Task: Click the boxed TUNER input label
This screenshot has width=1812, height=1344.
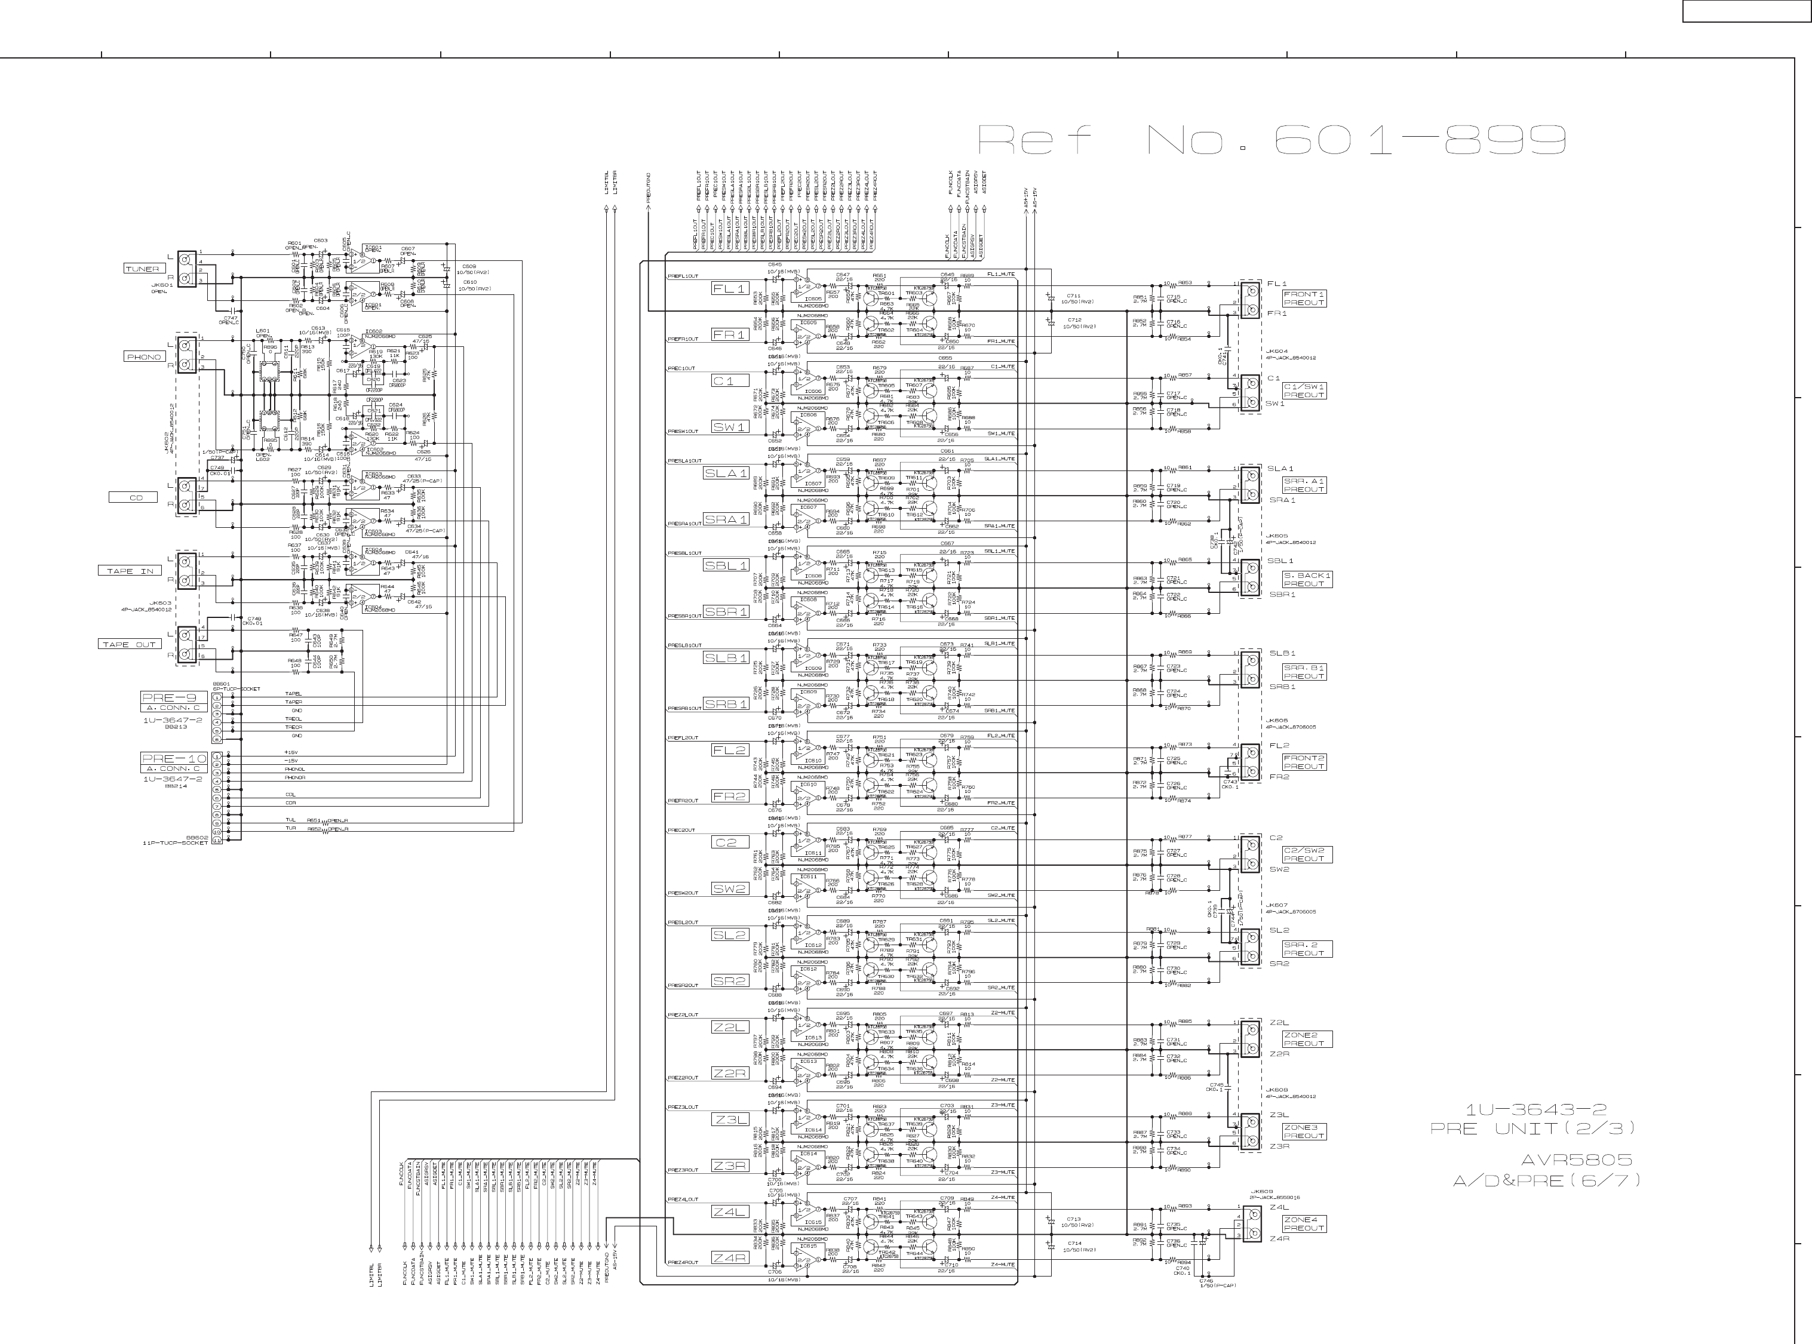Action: [x=142, y=269]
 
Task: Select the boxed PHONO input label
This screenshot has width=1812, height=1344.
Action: [x=144, y=357]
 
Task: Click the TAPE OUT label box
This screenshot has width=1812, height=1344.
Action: [x=128, y=644]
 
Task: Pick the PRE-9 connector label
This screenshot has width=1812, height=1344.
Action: [x=169, y=698]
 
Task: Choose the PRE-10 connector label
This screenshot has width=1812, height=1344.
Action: [x=173, y=759]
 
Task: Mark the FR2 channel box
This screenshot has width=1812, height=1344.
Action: [x=729, y=796]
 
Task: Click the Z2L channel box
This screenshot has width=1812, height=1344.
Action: [x=729, y=1028]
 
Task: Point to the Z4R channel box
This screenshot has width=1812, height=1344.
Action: [x=729, y=1258]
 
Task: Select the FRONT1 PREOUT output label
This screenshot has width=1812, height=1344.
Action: [x=1304, y=299]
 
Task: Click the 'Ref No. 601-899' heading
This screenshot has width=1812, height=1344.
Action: [x=1271, y=140]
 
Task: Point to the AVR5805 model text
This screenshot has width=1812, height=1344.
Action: [x=1576, y=1160]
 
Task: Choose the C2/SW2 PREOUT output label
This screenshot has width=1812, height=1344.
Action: [x=1307, y=855]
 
